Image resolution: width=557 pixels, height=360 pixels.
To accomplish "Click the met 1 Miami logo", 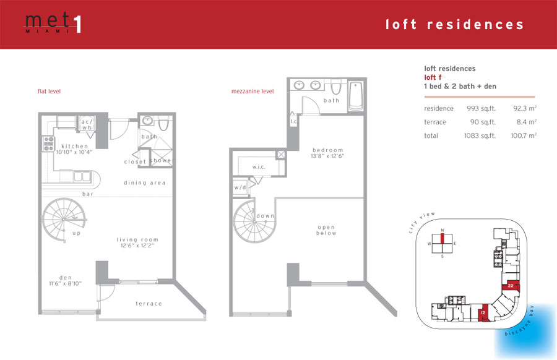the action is click(x=53, y=23).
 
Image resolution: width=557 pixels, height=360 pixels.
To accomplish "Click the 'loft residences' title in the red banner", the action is click(x=455, y=25).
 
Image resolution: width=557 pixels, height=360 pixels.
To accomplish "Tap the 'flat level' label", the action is click(x=49, y=92).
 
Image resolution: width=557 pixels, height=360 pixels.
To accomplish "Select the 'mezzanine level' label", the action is click(x=253, y=92).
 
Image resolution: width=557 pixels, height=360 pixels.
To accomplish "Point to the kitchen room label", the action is click(x=75, y=146).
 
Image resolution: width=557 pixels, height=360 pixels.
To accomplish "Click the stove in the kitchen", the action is click(x=48, y=144).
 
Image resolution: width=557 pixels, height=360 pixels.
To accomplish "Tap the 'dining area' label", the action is click(x=145, y=183).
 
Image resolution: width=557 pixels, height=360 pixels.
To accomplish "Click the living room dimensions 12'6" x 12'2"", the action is click(x=137, y=246).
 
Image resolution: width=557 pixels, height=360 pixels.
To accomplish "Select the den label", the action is click(x=66, y=278).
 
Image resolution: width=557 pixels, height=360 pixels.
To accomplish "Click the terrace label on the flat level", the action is click(x=149, y=304).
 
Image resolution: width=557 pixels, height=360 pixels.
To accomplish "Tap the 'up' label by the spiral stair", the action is click(x=77, y=233).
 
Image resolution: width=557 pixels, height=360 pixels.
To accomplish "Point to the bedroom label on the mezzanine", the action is click(x=328, y=150).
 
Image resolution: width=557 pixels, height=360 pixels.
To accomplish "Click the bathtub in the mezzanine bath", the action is click(x=356, y=96).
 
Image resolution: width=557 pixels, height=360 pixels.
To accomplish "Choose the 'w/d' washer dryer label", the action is click(x=240, y=187).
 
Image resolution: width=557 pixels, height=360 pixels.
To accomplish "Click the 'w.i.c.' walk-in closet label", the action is click(x=259, y=167).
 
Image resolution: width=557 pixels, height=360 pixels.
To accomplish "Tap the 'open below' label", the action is click(x=326, y=230).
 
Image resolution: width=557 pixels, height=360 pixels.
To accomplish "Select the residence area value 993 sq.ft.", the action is click(x=481, y=108).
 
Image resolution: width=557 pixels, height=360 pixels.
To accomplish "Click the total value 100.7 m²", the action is click(x=524, y=135).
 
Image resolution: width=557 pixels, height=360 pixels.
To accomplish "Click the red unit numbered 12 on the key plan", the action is click(x=483, y=313).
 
